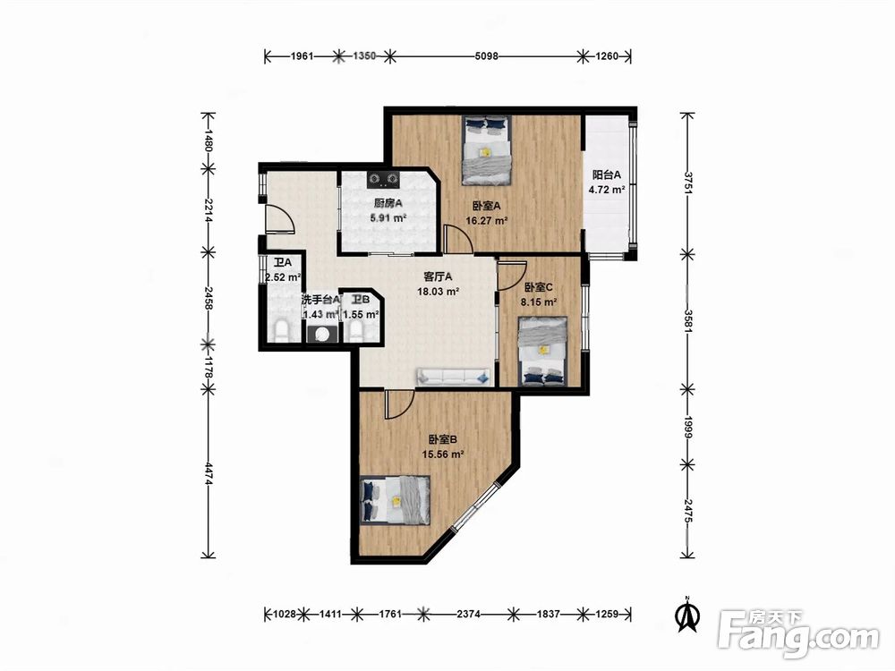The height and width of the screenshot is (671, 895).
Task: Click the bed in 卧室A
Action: [486, 150]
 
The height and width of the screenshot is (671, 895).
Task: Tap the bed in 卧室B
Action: [396, 500]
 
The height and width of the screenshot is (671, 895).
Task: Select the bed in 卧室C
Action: [543, 352]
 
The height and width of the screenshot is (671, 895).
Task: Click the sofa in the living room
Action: [454, 376]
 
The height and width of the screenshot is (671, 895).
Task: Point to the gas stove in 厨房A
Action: [382, 180]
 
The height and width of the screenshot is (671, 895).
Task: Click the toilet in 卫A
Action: [281, 332]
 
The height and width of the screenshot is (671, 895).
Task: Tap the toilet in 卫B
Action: [356, 332]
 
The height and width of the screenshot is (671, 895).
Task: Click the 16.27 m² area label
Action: [487, 221]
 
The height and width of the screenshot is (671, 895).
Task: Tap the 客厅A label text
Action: [438, 276]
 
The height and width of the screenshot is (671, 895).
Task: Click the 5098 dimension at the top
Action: [487, 55]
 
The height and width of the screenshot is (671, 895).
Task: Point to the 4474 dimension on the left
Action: [209, 473]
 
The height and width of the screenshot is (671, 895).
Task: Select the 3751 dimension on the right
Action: [689, 183]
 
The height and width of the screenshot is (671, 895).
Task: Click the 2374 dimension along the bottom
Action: [468, 614]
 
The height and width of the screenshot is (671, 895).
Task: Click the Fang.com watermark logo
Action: [798, 633]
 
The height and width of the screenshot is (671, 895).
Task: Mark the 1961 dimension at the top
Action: [303, 55]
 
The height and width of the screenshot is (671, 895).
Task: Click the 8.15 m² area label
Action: [539, 302]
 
